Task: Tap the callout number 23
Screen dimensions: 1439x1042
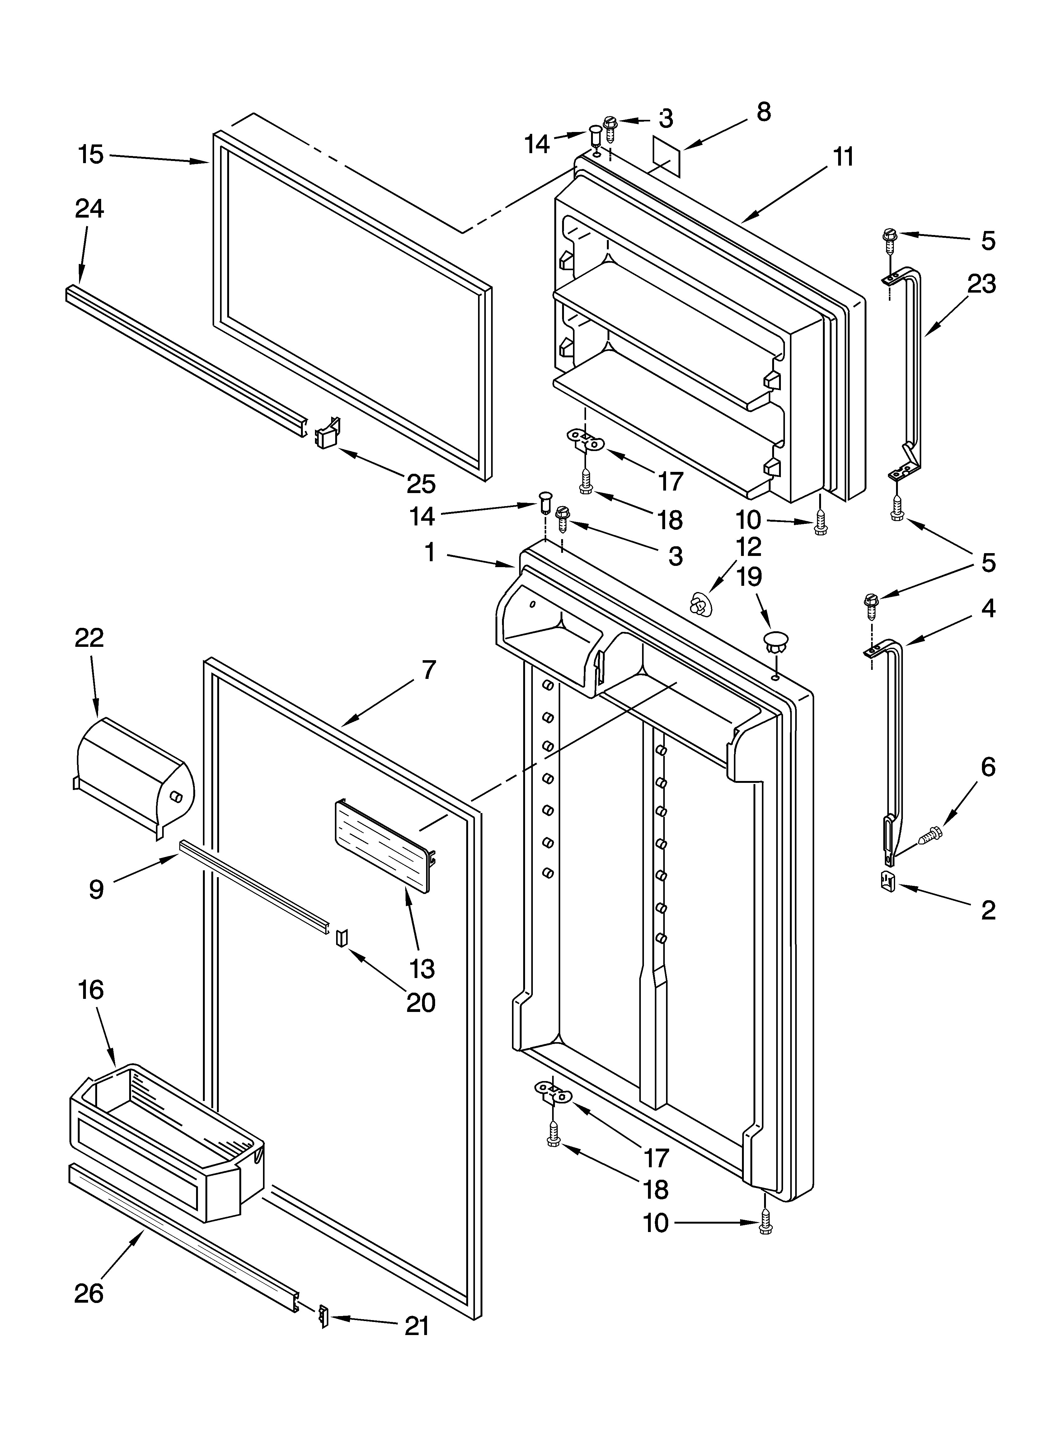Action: click(x=981, y=284)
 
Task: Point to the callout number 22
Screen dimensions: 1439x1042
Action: click(x=89, y=638)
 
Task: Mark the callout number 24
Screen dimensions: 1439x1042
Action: click(x=89, y=208)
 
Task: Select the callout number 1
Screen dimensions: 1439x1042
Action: click(x=429, y=553)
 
